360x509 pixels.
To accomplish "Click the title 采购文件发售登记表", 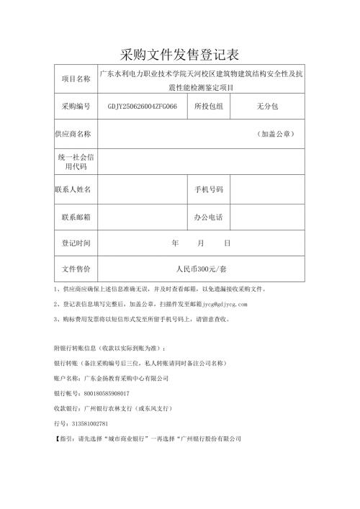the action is coord(180,55).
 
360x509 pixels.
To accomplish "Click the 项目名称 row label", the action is coord(76,80).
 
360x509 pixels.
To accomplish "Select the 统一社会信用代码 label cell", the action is coord(76,161).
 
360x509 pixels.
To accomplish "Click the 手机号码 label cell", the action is coord(209,189).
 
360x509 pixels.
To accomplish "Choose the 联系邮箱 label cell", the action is coord(76,217).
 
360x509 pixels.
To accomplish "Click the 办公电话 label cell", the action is coord(209,217).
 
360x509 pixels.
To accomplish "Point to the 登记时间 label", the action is coord(76,243).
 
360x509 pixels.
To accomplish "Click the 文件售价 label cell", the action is coord(76,269).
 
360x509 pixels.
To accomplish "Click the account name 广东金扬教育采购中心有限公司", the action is coord(127,379).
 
